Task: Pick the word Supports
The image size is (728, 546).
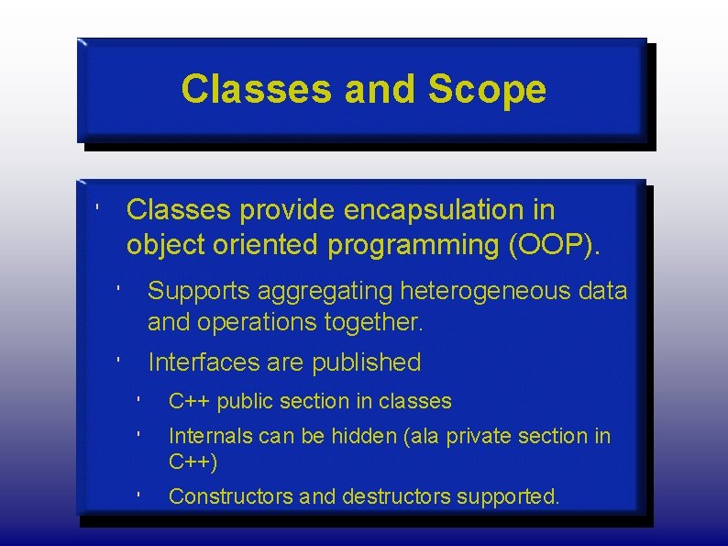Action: coord(199,292)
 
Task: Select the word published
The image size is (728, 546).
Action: coord(366,362)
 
